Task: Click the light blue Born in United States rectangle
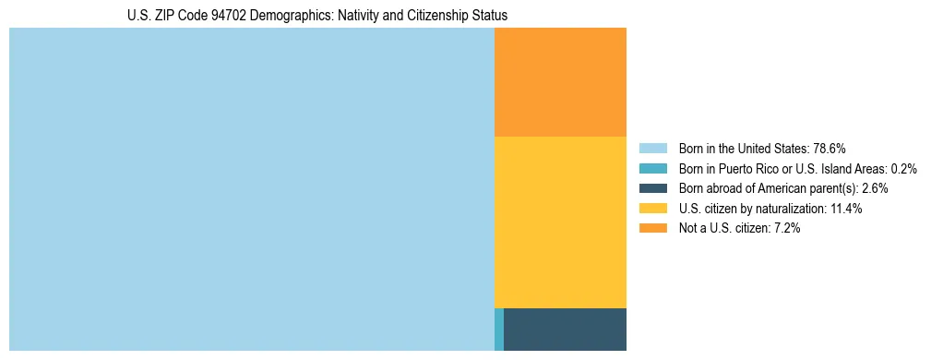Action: pyautogui.click(x=251, y=189)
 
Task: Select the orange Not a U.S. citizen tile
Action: pyautogui.click(x=560, y=82)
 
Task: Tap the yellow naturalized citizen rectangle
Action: pyautogui.click(x=560, y=222)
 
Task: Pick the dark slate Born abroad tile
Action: pyautogui.click(x=565, y=330)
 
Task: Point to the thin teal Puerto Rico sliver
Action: pyautogui.click(x=499, y=330)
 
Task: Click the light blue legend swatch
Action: pyautogui.click(x=652, y=148)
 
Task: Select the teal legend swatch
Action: pyautogui.click(x=652, y=168)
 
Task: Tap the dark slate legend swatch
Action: pyautogui.click(x=652, y=188)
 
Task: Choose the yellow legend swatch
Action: pyautogui.click(x=652, y=209)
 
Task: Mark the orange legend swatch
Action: pyautogui.click(x=652, y=229)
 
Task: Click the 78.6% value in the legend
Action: pyautogui.click(x=830, y=148)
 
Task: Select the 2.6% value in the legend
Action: pyautogui.click(x=875, y=188)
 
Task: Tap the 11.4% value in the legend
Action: pyautogui.click(x=845, y=209)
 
